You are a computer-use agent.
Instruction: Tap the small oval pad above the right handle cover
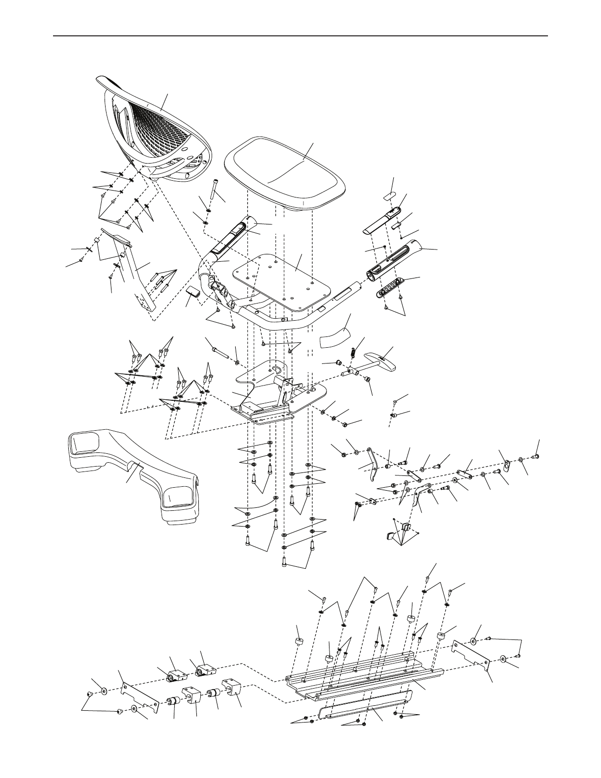pyautogui.click(x=389, y=195)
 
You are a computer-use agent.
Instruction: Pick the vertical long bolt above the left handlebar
pyautogui.click(x=212, y=189)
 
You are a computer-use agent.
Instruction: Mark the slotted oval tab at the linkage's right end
pyautogui.click(x=507, y=464)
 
